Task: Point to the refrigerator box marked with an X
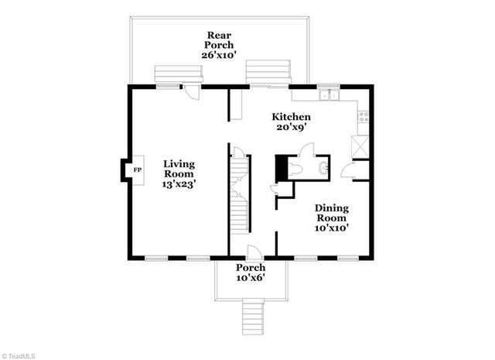[360, 146]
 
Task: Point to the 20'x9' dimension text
[290, 129]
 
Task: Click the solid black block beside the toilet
[281, 167]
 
